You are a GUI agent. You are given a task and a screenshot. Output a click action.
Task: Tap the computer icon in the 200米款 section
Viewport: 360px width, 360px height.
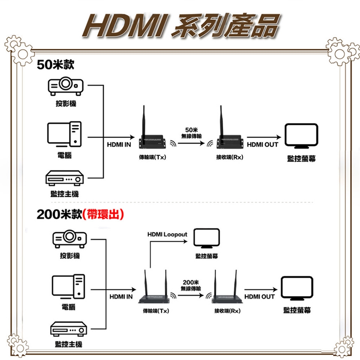click(68, 288)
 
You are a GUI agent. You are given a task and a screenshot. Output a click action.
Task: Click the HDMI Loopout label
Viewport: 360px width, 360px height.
click(167, 234)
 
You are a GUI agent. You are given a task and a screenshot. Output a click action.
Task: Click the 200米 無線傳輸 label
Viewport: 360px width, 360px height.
click(190, 285)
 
